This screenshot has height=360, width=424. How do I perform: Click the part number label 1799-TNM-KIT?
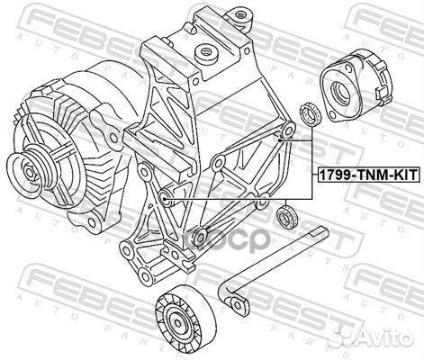click(x=367, y=174)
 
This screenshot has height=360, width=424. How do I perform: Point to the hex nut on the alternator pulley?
click(x=30, y=173)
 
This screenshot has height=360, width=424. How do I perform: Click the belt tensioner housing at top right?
click(x=356, y=85)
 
